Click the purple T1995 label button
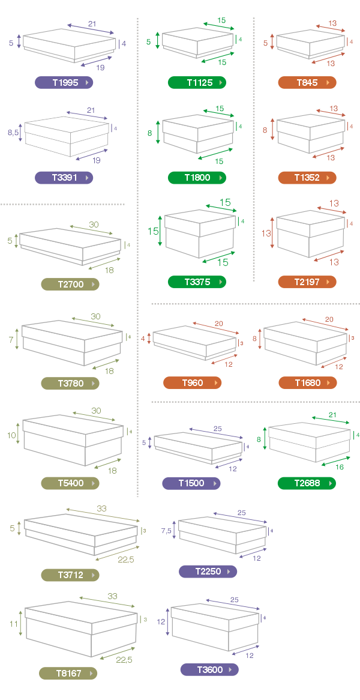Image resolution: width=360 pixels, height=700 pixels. click(64, 83)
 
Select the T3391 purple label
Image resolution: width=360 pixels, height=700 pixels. click(64, 178)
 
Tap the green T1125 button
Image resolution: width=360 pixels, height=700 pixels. click(197, 83)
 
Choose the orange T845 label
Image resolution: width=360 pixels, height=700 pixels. click(307, 83)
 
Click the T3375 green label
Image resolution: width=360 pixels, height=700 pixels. click(197, 282)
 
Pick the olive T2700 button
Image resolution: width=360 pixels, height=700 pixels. click(70, 284)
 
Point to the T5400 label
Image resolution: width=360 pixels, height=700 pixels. click(70, 483)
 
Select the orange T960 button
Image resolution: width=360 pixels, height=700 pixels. click(192, 382)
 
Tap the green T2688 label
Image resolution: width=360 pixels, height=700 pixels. click(307, 483)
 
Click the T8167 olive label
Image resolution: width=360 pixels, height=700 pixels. click(68, 673)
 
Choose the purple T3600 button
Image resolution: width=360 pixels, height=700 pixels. click(209, 669)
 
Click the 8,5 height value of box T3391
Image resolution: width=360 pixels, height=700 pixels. click(13, 132)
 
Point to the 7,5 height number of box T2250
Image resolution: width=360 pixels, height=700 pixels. click(166, 531)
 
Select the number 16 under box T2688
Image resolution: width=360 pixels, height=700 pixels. click(339, 466)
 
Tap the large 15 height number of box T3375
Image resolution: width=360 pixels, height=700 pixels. click(153, 231)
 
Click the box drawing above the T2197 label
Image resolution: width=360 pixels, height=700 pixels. click(310, 236)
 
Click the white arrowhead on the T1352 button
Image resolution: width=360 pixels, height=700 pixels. click(328, 178)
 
